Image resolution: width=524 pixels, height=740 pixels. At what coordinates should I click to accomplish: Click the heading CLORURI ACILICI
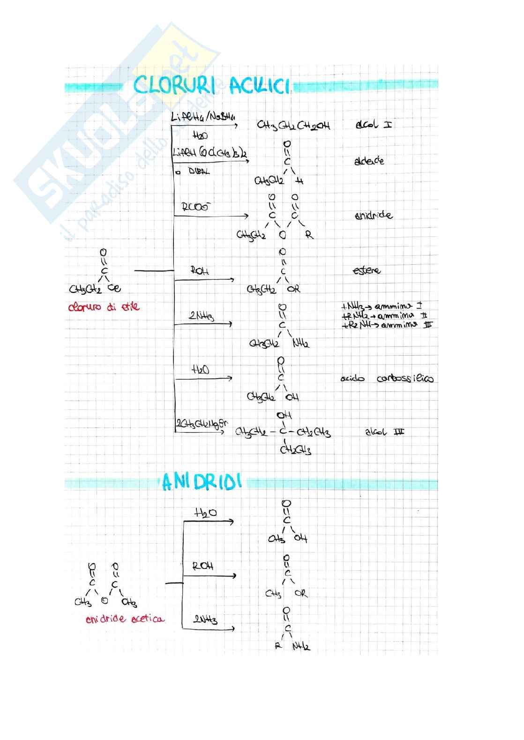coord(212,86)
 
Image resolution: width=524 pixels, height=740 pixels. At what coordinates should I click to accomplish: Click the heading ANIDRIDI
coord(202,482)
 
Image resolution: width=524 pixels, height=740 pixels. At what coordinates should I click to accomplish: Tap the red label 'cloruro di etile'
coord(104,307)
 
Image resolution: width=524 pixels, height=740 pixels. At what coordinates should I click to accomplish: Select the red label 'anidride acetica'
coord(125,619)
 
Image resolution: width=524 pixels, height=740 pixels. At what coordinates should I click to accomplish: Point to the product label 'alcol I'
coord(374,125)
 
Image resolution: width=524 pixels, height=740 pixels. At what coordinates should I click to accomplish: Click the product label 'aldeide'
coord(369,161)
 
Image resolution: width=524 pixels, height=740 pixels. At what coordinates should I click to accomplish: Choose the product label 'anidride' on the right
coord(373,216)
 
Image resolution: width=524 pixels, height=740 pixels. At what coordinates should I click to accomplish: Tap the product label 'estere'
coord(367,270)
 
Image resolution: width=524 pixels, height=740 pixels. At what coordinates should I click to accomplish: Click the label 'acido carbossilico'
coord(387,378)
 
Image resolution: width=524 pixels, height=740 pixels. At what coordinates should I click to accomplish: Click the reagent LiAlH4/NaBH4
coord(203,117)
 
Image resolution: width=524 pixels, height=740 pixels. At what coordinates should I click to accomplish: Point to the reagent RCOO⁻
coord(195,207)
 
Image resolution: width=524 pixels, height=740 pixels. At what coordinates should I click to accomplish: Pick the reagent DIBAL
coord(199,172)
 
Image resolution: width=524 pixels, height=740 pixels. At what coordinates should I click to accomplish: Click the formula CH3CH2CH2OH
coord(293,126)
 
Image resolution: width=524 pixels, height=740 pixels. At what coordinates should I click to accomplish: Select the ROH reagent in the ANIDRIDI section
coord(203,566)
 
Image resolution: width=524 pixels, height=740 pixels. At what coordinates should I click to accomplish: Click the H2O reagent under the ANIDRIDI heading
coord(206,513)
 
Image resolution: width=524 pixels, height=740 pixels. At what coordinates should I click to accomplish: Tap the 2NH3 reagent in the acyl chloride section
coord(202,317)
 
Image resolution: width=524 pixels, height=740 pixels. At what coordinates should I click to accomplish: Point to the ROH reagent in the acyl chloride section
coord(200,270)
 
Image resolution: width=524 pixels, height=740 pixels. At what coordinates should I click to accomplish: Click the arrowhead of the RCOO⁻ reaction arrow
coord(247,216)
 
